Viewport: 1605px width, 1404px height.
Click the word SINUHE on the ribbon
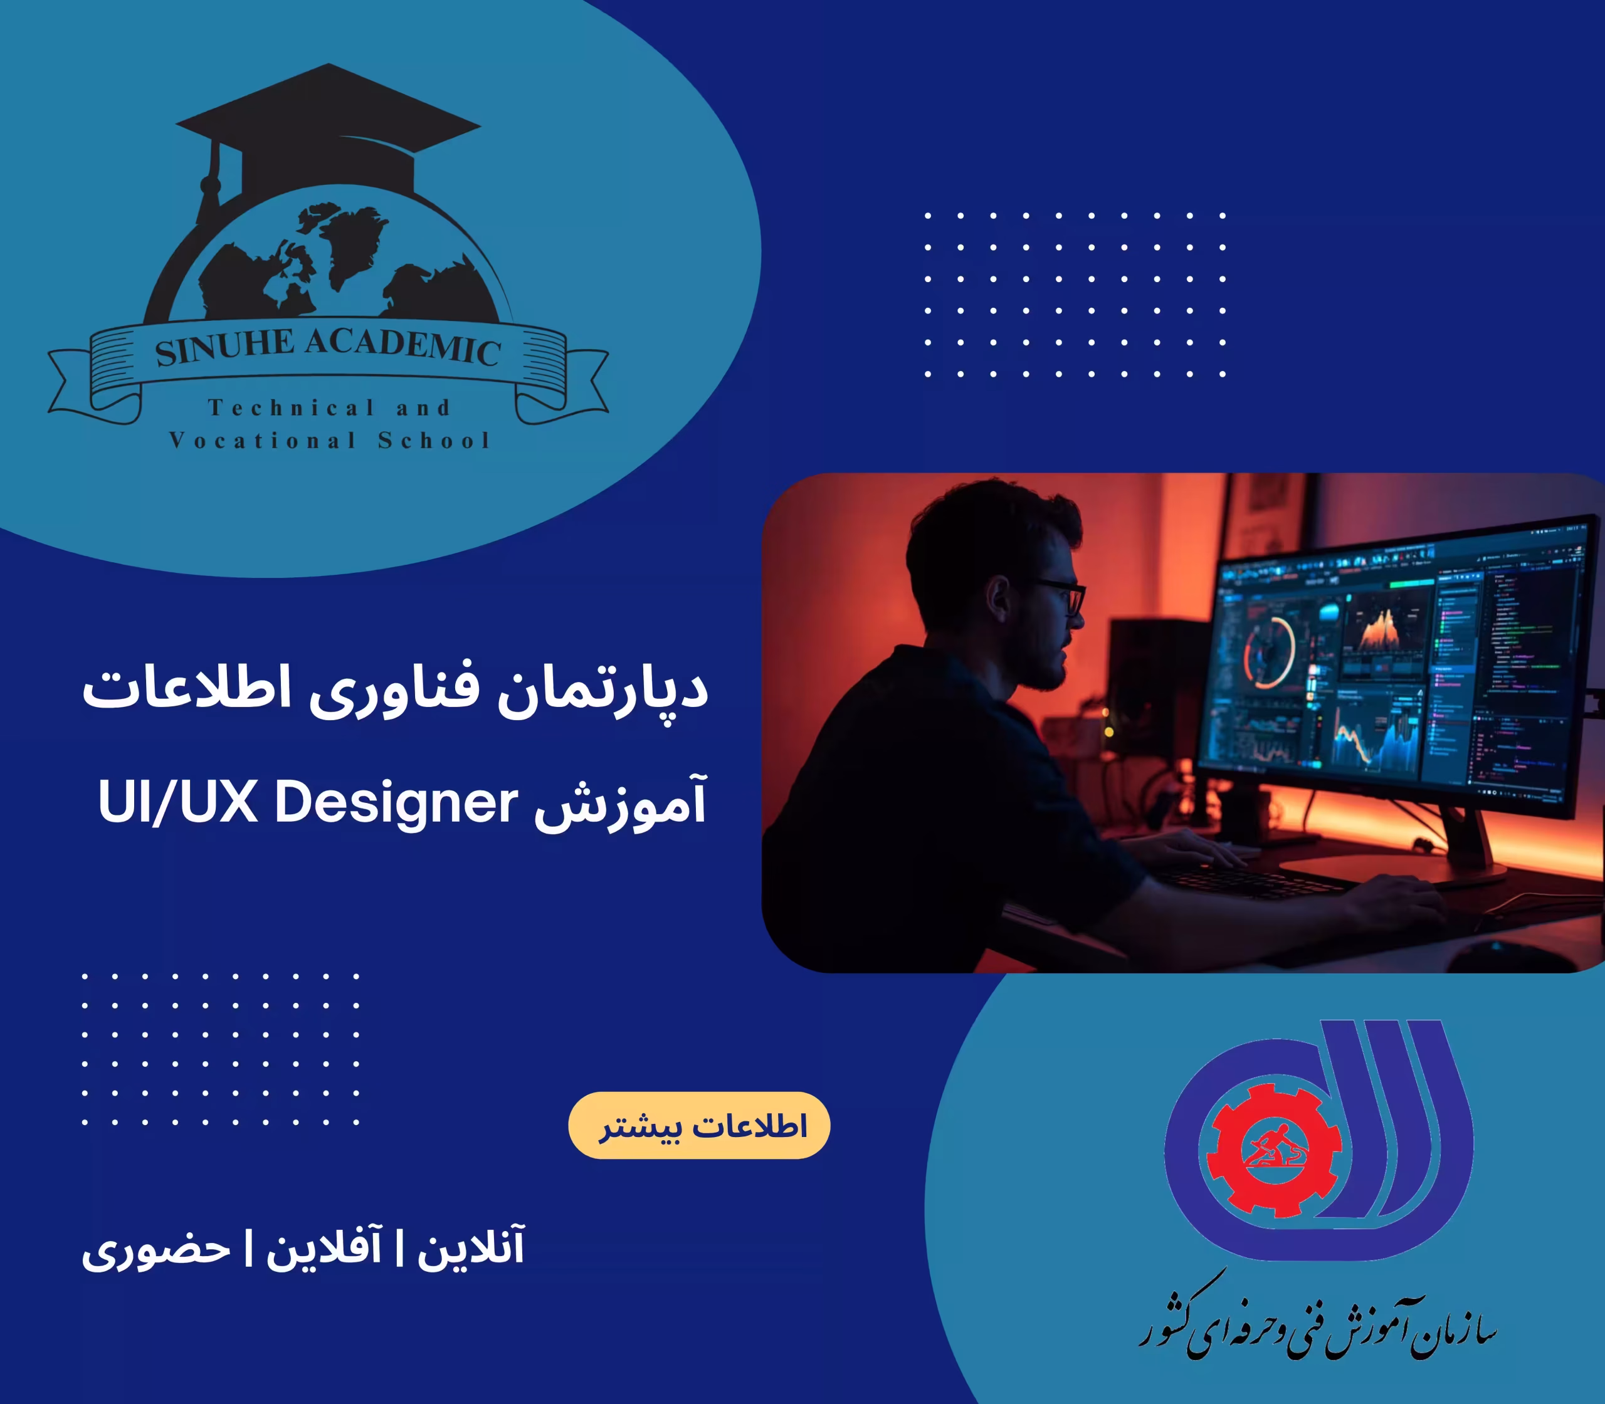point(224,347)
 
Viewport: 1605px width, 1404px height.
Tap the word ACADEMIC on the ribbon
point(403,345)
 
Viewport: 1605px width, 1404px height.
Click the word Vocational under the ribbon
point(263,440)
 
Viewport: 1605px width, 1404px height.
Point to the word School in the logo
point(433,440)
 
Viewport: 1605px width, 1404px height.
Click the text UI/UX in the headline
point(178,804)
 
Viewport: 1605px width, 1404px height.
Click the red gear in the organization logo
point(1273,1152)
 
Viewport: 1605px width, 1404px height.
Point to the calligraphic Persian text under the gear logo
point(1317,1324)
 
